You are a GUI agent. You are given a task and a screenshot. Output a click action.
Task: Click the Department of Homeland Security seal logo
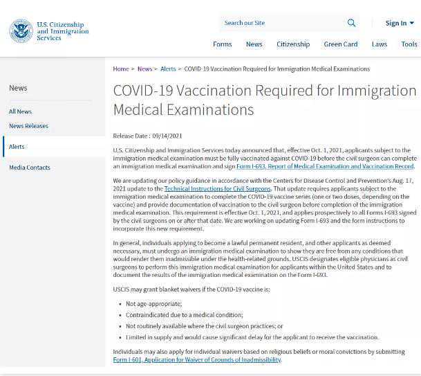pos(21,31)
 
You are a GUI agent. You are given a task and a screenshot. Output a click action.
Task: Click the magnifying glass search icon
pos(351,23)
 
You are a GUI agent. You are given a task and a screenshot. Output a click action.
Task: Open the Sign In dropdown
pos(399,23)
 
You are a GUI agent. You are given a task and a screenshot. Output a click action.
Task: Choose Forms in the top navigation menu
pos(222,44)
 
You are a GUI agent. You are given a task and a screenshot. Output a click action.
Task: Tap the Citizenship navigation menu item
pos(293,44)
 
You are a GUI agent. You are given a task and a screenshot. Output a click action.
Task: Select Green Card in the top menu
pos(341,44)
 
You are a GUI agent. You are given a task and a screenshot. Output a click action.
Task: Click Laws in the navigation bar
pos(379,44)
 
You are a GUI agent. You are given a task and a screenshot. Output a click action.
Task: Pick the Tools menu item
pos(409,44)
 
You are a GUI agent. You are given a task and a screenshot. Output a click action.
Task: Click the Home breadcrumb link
pos(121,69)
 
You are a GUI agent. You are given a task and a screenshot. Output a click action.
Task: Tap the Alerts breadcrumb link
pos(168,69)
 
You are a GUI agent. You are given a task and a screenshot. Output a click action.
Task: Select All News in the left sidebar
pos(20,111)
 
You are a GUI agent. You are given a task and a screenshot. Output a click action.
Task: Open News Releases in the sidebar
pos(28,126)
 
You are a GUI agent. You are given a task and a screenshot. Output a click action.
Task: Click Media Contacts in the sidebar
pos(30,168)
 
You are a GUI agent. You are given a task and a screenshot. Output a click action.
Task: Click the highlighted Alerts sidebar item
pos(17,147)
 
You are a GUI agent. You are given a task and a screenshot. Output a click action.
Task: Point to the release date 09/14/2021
pos(167,136)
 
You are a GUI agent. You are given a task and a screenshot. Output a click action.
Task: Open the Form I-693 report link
pos(325,166)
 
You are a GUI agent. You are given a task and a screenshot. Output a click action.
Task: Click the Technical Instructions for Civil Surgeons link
pos(217,189)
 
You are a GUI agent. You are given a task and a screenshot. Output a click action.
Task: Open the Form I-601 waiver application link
pos(197,360)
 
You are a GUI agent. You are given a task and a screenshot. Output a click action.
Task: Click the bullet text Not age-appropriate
pos(153,304)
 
